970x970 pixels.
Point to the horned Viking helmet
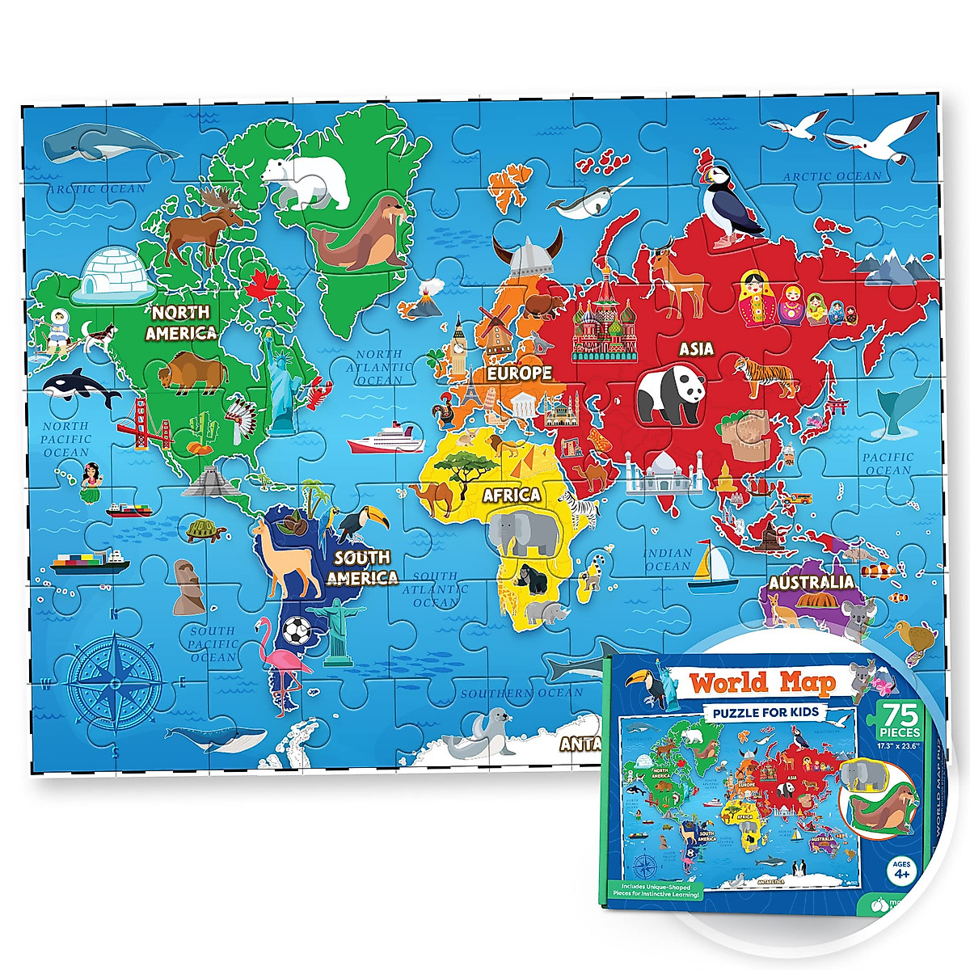529,251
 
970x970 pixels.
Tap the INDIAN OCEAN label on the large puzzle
668,559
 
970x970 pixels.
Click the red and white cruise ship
386,438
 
